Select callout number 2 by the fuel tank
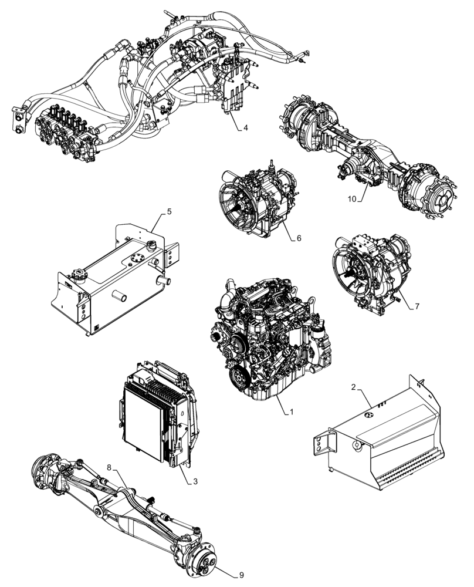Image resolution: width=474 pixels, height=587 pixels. (x=353, y=387)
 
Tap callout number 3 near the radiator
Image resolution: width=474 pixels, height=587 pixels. (x=196, y=481)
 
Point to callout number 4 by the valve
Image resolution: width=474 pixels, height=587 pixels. (x=246, y=127)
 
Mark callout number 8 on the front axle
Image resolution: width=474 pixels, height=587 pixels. (x=109, y=468)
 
